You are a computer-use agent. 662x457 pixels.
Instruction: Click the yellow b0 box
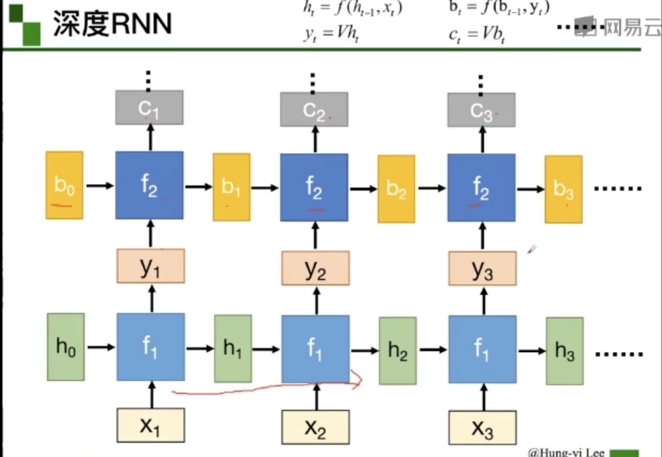coord(64,185)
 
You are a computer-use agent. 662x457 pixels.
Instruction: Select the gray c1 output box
coord(149,107)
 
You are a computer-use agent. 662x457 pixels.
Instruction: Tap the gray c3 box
coord(481,110)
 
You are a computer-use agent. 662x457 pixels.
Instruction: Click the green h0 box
coord(66,347)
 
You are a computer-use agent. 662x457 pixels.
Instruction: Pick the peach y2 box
coord(315,268)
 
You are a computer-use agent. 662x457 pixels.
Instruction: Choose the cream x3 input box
coord(482,428)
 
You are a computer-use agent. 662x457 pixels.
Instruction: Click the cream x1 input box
coord(150,425)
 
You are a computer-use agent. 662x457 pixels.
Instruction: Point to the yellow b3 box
coord(563,189)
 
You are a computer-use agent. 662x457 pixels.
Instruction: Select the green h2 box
coord(398,350)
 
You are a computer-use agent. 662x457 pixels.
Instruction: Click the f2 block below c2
coord(314,187)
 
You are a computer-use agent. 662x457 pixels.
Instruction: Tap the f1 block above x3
coord(482,349)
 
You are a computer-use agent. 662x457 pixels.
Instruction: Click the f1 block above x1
coord(150,347)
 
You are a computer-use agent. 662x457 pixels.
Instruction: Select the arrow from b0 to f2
coord(100,186)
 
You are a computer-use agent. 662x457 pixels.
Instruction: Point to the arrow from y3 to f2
coord(483,237)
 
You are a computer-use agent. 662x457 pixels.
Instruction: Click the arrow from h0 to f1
coord(101,347)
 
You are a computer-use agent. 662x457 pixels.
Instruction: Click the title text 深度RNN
coord(112,23)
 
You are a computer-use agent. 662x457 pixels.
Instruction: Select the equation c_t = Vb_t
coord(476,34)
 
